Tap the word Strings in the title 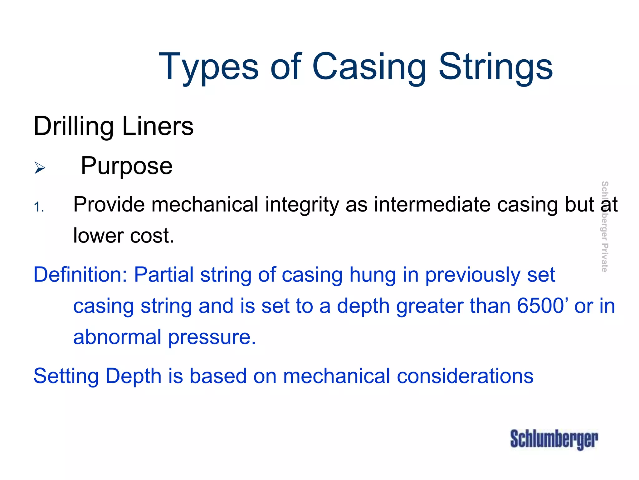496,67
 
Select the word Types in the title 209,67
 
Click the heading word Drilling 73,127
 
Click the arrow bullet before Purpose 40,168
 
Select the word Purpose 126,166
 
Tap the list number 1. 38,207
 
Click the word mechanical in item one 205,205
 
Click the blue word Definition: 80,275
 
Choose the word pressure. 212,338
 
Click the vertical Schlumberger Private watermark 604,226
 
